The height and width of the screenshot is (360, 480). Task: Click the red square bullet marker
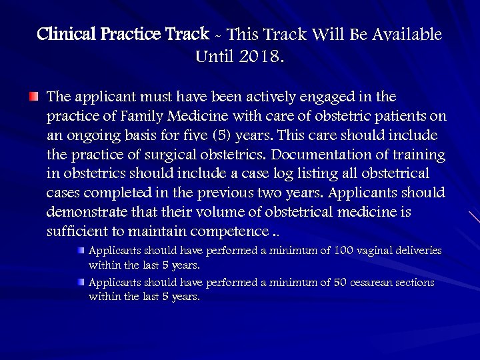tap(34, 97)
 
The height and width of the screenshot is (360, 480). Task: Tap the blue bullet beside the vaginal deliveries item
tap(81, 251)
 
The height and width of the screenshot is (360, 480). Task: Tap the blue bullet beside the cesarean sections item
tap(81, 283)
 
